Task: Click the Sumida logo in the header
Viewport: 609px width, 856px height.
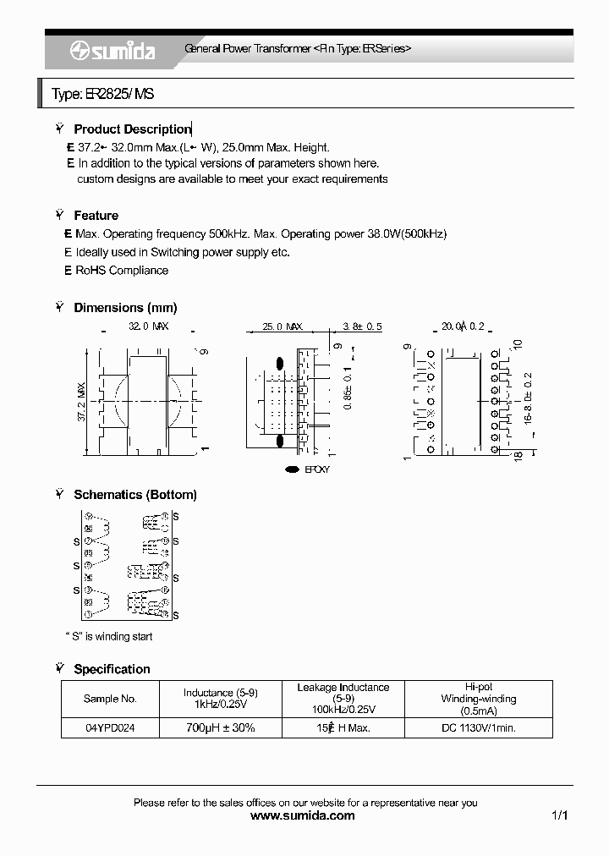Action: (112, 51)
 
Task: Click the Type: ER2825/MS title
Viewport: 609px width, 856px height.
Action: (102, 95)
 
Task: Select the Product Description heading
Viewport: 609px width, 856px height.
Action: (132, 129)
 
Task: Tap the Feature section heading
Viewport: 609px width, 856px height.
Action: (96, 216)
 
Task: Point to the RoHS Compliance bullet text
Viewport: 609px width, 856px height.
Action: (122, 271)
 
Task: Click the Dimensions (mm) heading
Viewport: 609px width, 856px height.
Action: (125, 308)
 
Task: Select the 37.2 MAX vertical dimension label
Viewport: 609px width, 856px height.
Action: (82, 402)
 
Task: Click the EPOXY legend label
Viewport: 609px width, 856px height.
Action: (316, 469)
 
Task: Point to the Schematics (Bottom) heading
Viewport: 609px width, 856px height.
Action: (135, 495)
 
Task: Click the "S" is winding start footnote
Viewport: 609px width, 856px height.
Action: (109, 636)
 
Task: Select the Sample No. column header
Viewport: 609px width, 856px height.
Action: (110, 699)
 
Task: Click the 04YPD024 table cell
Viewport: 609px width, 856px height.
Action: (110, 727)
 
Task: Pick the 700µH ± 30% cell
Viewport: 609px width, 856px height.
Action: (220, 727)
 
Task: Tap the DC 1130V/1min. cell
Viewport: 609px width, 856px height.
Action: (479, 727)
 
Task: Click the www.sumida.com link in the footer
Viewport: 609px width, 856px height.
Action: (304, 815)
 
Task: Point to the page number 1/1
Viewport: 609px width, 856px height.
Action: (559, 815)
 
